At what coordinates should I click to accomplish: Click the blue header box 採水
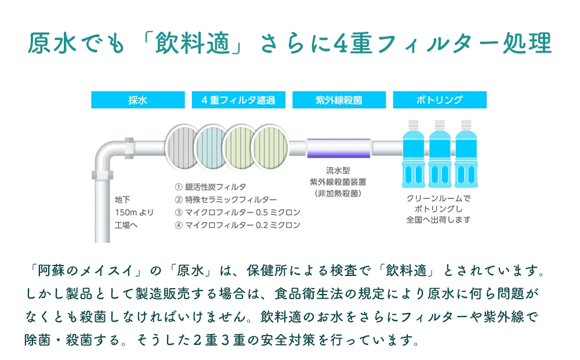point(137,100)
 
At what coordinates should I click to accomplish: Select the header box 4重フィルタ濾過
point(238,100)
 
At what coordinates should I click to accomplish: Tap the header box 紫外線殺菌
point(339,100)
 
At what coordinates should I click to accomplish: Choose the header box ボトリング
point(439,100)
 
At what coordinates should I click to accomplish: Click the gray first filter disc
point(184,147)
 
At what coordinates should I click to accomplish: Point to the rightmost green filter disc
point(271,147)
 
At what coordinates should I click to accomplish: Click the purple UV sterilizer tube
point(338,148)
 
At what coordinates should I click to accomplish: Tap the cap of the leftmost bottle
point(413,123)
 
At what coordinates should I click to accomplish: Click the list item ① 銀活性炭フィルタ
point(211,187)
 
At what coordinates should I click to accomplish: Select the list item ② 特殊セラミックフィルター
point(226,199)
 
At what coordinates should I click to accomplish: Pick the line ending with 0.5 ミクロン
point(237,212)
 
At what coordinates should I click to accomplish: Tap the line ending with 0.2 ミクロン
point(237,225)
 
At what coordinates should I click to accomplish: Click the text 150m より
point(134,212)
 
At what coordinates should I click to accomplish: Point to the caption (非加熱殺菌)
point(338,193)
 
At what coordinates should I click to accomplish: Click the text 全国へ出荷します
point(438,220)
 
